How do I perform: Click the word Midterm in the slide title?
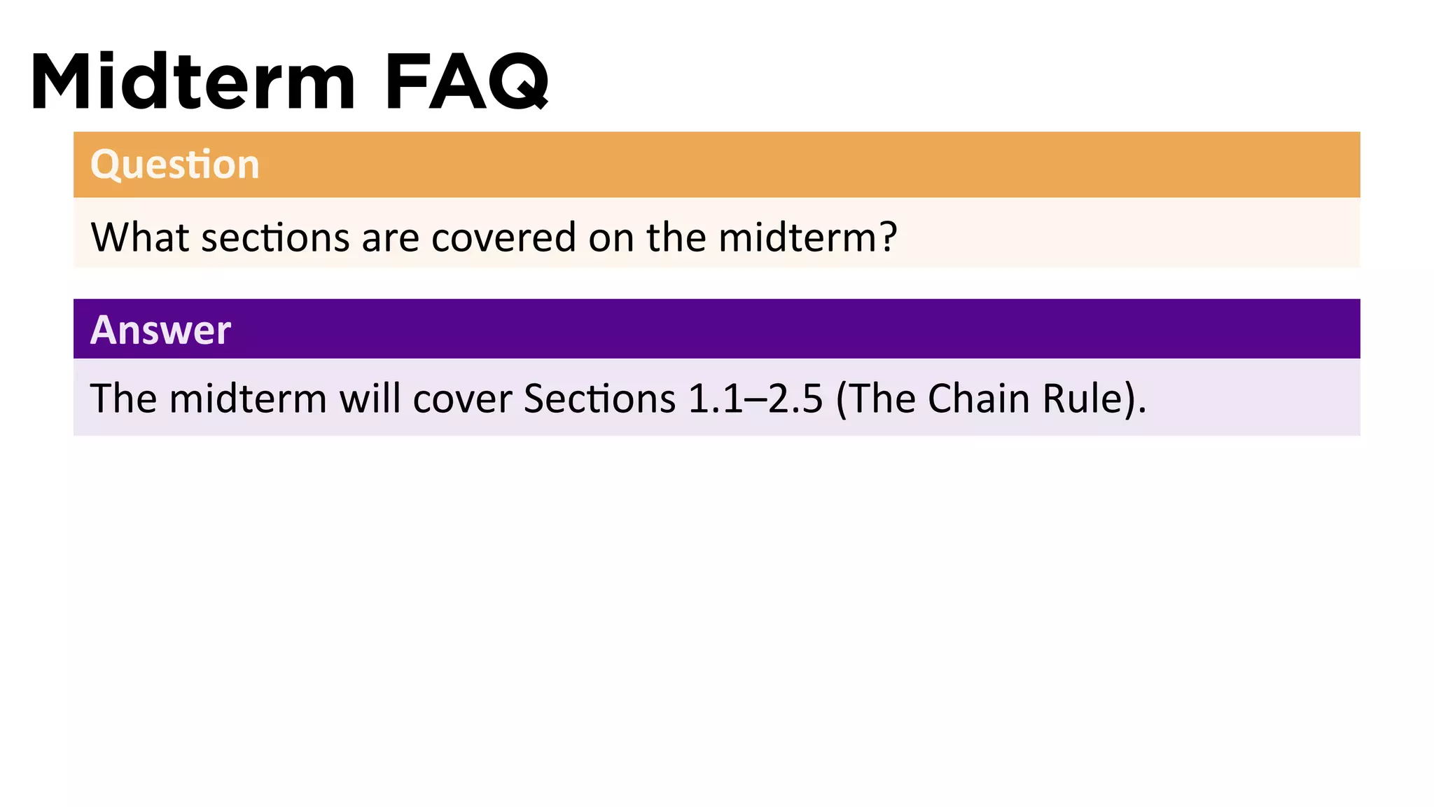193,82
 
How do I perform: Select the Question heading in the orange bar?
175,165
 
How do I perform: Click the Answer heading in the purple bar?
160,330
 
